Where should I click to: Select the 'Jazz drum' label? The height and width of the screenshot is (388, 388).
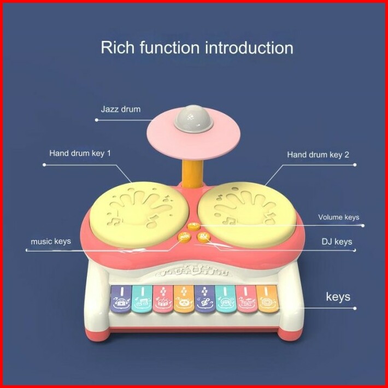120,109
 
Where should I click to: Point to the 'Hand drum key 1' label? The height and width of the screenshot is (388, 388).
80,153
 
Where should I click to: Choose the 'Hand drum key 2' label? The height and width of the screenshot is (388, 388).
318,155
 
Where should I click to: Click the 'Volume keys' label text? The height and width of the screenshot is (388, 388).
339,217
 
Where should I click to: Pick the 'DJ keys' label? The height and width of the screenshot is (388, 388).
336,241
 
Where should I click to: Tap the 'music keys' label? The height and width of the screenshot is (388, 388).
51,241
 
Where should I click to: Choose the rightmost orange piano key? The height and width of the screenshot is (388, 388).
266,304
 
